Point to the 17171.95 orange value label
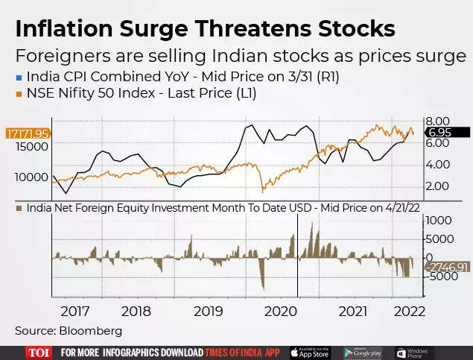pos(27,133)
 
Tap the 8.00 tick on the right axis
pos(437,121)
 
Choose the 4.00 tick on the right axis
pos(437,164)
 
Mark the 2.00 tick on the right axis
pos(437,186)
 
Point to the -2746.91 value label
pos(448,266)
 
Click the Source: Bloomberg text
pos(69,330)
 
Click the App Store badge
pos(309,352)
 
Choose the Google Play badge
pos(364,352)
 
